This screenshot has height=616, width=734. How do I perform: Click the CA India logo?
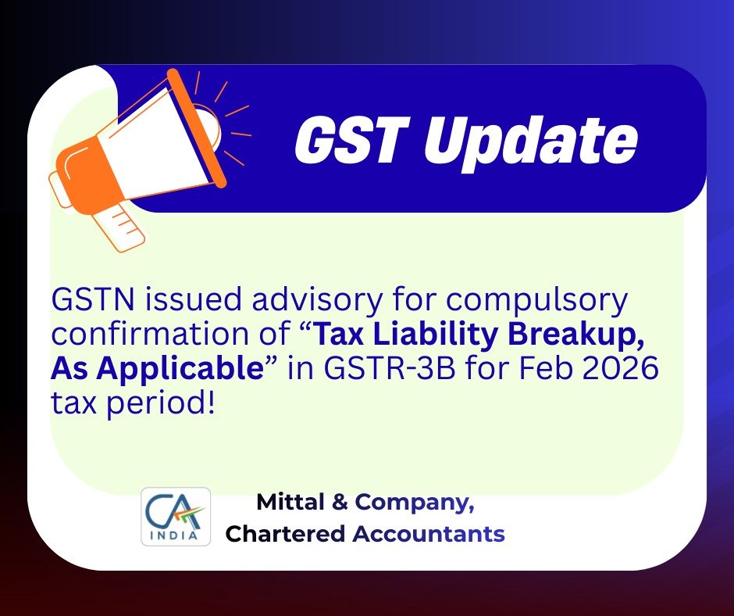point(175,517)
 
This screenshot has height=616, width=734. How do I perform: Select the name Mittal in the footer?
point(288,503)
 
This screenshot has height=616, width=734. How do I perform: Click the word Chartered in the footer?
point(285,535)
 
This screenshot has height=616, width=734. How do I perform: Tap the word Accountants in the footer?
point(429,535)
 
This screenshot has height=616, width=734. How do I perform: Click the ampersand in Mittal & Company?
point(340,503)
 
